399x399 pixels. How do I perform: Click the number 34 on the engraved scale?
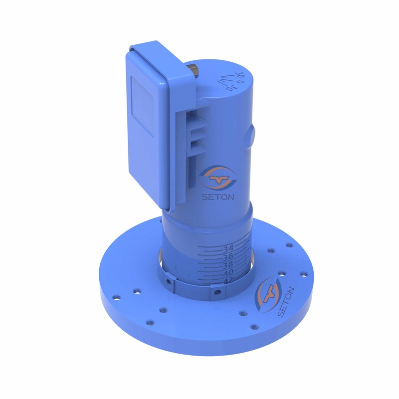(x=229, y=248)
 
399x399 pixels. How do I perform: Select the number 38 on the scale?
(x=228, y=265)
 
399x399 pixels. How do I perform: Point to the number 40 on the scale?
(x=228, y=273)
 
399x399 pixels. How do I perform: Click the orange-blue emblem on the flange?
(x=267, y=294)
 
